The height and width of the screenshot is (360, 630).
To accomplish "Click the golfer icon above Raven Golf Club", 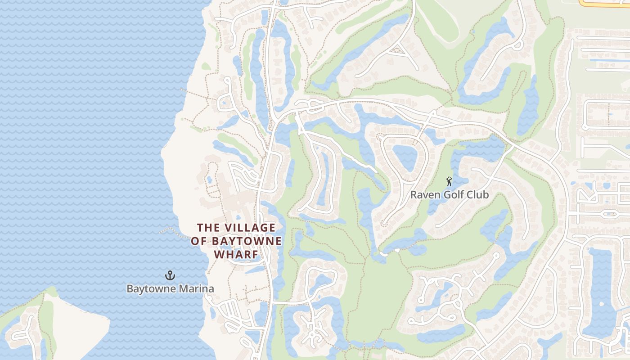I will coord(449,182).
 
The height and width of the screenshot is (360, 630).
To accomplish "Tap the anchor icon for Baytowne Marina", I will coord(170,275).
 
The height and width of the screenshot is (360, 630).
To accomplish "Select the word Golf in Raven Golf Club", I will coord(454,195).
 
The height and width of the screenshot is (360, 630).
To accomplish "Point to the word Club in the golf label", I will coord(478,195).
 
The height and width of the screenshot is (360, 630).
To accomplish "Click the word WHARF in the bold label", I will coord(236,255).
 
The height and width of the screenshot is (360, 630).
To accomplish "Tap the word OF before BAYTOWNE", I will coord(200,241).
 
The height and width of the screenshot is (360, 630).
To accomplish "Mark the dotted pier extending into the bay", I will coord(173,231).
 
